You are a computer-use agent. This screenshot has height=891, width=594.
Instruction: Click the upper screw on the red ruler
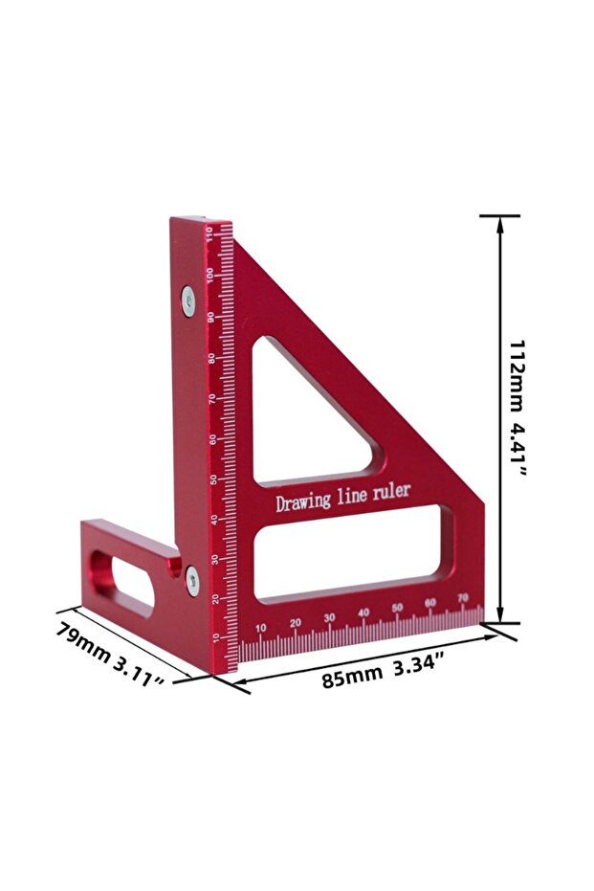(x=188, y=301)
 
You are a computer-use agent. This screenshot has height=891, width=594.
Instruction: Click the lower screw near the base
(x=192, y=580)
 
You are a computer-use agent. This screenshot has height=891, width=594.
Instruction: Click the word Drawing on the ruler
(x=302, y=501)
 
